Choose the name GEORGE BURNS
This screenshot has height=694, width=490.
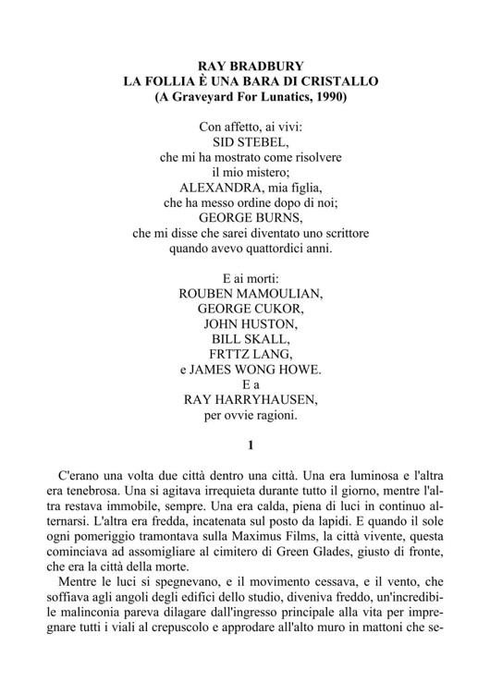[251, 217]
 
